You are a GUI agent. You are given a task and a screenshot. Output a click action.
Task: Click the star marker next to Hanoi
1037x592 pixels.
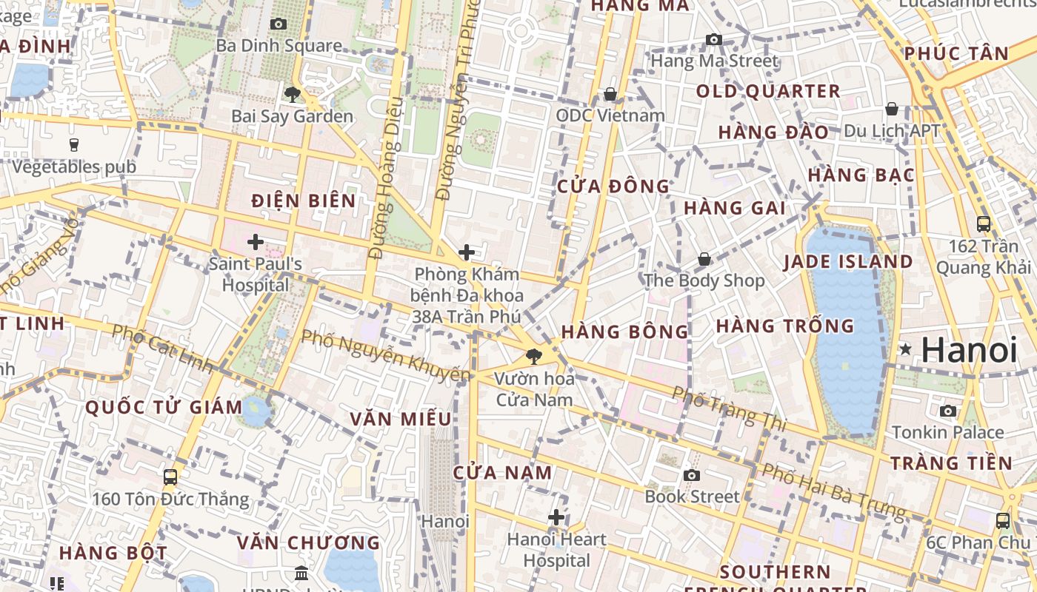pyautogui.click(x=904, y=349)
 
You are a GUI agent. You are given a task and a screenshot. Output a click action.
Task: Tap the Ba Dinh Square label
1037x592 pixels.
pyautogui.click(x=279, y=46)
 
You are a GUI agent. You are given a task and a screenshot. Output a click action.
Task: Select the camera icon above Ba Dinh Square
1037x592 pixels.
pyautogui.click(x=279, y=24)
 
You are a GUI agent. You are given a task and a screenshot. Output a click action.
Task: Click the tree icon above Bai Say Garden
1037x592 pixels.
pyautogui.click(x=293, y=94)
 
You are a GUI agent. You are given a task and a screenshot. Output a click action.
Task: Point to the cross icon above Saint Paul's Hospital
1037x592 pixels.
pyautogui.click(x=256, y=242)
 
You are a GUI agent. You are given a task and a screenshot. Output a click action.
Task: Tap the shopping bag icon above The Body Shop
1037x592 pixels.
pyautogui.click(x=704, y=259)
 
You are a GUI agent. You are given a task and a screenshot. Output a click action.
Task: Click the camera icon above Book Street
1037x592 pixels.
pyautogui.click(x=692, y=475)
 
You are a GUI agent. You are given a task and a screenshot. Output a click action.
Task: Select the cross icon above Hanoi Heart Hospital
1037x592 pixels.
pyautogui.click(x=556, y=517)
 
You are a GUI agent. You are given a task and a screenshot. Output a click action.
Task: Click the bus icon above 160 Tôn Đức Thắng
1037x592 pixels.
pyautogui.click(x=170, y=477)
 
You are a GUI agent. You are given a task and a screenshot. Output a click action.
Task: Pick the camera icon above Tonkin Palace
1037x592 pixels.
pyautogui.click(x=948, y=411)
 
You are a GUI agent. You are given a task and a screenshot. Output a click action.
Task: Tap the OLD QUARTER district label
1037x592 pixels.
pyautogui.click(x=768, y=92)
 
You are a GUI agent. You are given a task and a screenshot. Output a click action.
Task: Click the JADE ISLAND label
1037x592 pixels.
pyautogui.click(x=848, y=262)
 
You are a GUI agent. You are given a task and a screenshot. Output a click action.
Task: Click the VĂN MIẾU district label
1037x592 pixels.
pyautogui.click(x=401, y=420)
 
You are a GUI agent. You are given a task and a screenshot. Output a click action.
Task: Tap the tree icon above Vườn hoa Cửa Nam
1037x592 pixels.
pyautogui.click(x=533, y=357)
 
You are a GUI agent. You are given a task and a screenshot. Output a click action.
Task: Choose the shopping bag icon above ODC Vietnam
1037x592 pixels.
pyautogui.click(x=610, y=94)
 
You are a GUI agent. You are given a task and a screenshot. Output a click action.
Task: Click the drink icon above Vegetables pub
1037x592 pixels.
pyautogui.click(x=74, y=144)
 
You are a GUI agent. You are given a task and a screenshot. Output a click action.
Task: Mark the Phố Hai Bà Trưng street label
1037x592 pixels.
pyautogui.click(x=834, y=490)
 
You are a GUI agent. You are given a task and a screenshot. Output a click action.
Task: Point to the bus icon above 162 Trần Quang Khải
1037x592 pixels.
pyautogui.click(x=984, y=223)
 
